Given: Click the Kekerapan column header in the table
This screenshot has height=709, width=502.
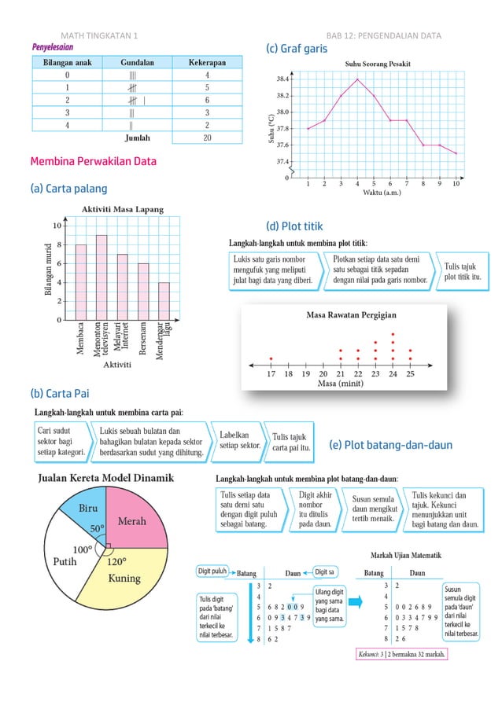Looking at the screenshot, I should click(206, 61).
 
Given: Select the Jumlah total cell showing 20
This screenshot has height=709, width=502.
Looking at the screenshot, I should click(206, 138).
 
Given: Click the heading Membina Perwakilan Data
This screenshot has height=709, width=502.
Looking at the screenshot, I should click(93, 163).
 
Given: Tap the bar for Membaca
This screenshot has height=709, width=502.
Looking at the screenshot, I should click(81, 282).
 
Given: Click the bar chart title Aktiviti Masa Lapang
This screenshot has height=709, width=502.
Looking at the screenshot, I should click(124, 209).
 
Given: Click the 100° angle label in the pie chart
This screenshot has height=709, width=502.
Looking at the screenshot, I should click(82, 549).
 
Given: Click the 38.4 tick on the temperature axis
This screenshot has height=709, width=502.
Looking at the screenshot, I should click(281, 79).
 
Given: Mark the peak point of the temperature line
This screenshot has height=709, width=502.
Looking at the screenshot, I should click(357, 79).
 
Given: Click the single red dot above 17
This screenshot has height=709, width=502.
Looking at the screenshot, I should click(271, 358).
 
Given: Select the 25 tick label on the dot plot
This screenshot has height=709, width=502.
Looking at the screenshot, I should click(410, 374).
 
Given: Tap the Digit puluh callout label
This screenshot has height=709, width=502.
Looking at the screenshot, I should click(212, 571).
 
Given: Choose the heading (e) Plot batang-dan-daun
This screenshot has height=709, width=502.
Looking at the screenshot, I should click(390, 445).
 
